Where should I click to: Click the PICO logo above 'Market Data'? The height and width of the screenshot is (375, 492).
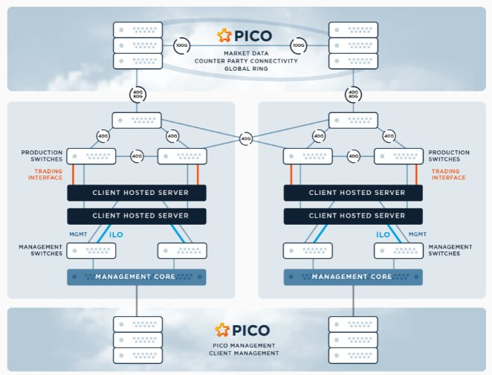point(245,35)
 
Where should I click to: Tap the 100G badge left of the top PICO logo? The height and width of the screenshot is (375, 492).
point(181,45)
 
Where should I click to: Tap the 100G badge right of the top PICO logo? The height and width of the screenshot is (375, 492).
point(299,45)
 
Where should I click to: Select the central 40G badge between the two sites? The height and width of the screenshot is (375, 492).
point(246,138)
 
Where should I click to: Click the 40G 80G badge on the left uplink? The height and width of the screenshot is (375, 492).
point(137,94)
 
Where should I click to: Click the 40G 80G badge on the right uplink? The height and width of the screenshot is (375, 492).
point(353,94)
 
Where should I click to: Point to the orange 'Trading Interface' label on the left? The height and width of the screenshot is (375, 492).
point(48,174)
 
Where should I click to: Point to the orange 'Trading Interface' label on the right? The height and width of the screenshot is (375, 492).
point(449,174)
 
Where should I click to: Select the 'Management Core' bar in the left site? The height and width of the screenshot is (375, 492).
point(135,277)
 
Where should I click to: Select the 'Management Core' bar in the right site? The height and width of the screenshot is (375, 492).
point(352,277)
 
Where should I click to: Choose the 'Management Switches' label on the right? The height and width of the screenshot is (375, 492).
point(450,250)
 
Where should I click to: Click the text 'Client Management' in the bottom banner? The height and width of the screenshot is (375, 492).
point(245,353)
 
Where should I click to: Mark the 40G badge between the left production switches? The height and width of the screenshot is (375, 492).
point(137,156)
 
